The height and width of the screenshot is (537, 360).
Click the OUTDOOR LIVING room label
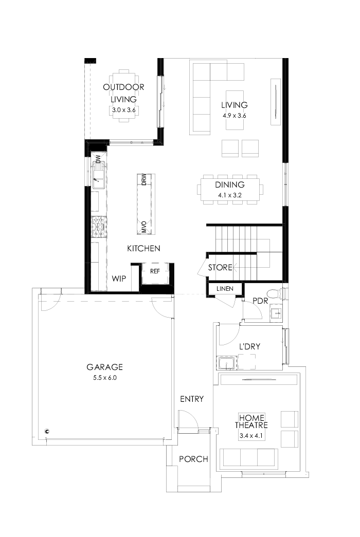point(123,93)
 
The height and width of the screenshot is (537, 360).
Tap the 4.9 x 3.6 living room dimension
point(235,115)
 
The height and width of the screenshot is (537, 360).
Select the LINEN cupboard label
point(225,289)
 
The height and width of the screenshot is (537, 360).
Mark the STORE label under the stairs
point(220,268)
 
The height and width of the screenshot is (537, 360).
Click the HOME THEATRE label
point(250,421)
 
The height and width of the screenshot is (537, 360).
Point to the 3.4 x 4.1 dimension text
point(250,436)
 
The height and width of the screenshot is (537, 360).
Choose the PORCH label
point(193,459)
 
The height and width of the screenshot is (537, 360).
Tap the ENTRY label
point(192,399)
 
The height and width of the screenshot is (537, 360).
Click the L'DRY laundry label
point(249,347)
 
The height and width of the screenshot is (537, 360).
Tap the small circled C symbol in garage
point(47,431)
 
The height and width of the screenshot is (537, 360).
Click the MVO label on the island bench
point(145,227)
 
